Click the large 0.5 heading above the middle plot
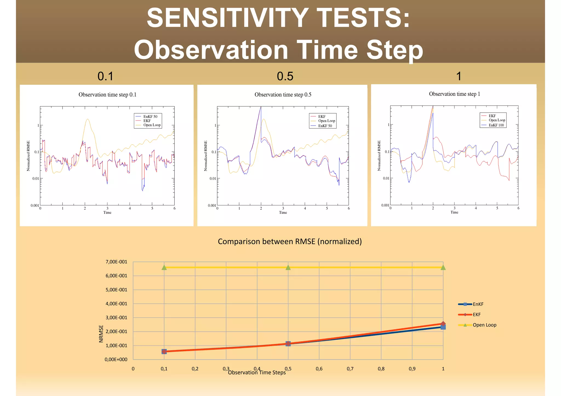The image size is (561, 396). click(x=285, y=76)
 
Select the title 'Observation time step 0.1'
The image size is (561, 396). click(x=107, y=95)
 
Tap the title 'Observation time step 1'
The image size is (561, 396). click(x=454, y=94)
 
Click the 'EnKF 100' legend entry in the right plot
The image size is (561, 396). click(x=496, y=125)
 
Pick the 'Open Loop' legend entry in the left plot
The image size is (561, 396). click(x=152, y=125)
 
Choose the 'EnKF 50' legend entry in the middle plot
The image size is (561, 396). click(x=325, y=126)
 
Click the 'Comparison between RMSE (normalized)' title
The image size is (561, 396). click(x=290, y=241)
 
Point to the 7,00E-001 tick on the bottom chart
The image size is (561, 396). click(x=116, y=262)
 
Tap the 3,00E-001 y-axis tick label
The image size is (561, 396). click(x=116, y=318)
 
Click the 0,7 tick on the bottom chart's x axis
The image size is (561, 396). click(x=350, y=369)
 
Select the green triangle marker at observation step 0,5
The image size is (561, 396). click(x=288, y=267)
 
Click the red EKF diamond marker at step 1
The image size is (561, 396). click(x=443, y=324)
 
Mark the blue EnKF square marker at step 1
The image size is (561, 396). click(x=443, y=327)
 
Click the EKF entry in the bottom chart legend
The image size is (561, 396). click(x=477, y=315)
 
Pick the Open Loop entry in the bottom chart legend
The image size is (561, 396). click(x=484, y=325)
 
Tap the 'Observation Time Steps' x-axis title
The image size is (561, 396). click(x=257, y=372)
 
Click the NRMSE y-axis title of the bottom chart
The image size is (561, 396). click(x=101, y=334)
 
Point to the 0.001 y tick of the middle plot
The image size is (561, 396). click(x=212, y=205)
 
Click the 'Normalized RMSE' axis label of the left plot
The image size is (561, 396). click(x=28, y=156)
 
